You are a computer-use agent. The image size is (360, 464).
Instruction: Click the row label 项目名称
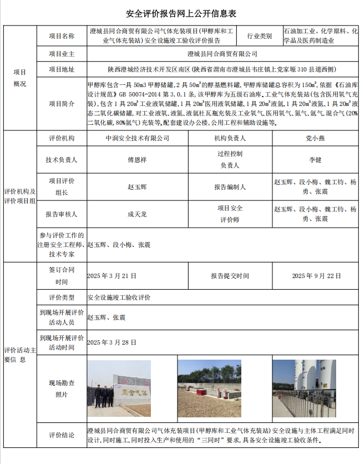point(62,36)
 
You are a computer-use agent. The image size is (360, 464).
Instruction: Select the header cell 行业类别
point(259,36)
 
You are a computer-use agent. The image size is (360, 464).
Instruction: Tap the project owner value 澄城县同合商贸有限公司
point(222,54)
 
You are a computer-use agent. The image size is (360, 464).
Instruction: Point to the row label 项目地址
point(62,70)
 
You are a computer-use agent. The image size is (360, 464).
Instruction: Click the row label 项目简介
point(62,103)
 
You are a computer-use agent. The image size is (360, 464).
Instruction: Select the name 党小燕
point(315,138)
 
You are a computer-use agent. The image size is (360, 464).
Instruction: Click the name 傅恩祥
point(137,160)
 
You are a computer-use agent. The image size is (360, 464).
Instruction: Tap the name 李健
point(315,160)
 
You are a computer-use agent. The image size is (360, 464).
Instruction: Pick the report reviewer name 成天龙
point(137,213)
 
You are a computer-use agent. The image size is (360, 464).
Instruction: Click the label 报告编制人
point(230,187)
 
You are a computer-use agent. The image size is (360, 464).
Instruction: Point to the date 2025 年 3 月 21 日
point(111,275)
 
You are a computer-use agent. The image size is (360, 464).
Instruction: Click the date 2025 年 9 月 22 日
point(316,275)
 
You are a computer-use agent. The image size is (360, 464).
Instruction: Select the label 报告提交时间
point(230,275)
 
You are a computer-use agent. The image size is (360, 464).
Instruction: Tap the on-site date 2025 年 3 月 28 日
point(111,342)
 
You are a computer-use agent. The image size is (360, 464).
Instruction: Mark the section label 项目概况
point(19,77)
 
